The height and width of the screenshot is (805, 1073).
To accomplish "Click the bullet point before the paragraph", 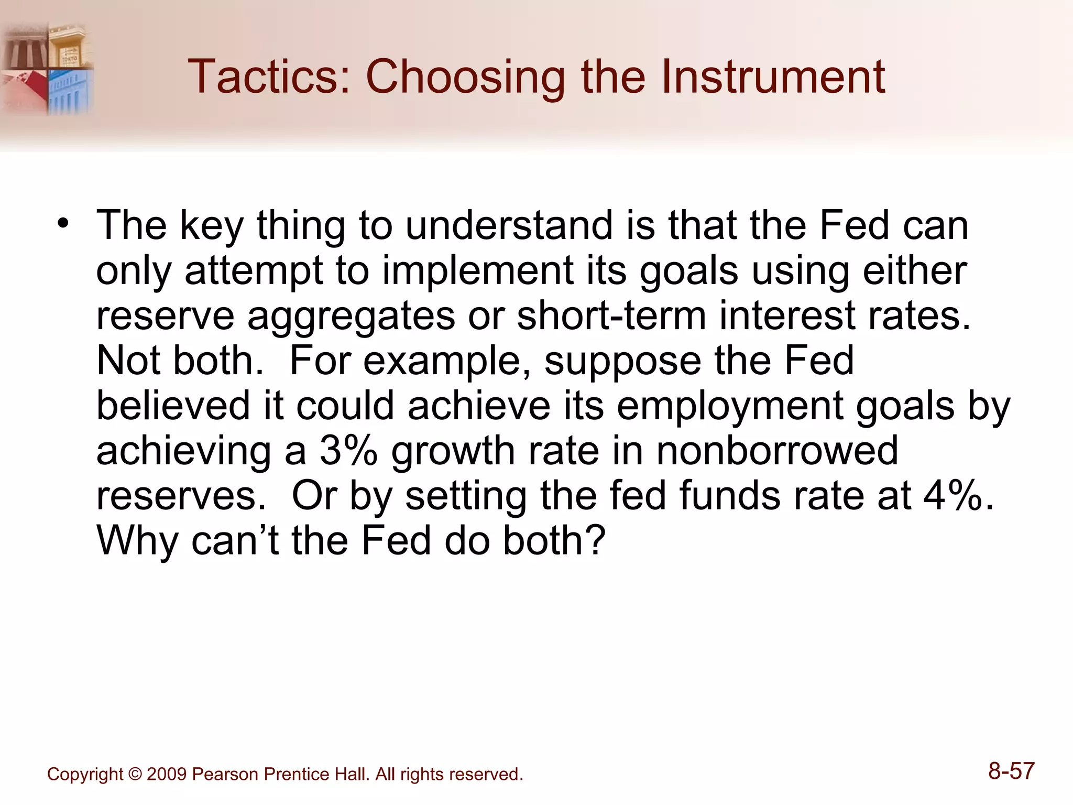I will (63, 224).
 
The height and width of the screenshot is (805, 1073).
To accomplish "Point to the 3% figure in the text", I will (348, 451).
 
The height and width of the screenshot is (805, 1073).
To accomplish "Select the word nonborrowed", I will (777, 451).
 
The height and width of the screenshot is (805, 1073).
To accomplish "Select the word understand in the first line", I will (508, 225).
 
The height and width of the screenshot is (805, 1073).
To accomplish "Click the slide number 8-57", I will (1011, 771).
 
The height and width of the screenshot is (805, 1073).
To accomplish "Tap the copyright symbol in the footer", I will (135, 774).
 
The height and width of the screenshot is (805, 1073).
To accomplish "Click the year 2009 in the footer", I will (167, 774).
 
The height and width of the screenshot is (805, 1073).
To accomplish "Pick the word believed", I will (173, 406).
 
